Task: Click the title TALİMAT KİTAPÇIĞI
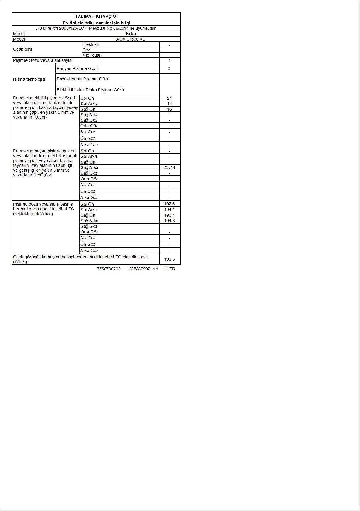pos(96,16)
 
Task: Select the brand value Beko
pos(131,34)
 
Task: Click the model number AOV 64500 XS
pos(131,39)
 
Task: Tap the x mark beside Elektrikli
pos(169,44)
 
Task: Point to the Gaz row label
pos(86,50)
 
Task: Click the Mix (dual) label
pos(92,55)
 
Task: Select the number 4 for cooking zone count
pos(169,60)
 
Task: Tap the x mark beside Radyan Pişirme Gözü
pos(169,68)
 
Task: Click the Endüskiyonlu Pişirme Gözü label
pos(83,79)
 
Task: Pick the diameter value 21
pos(169,98)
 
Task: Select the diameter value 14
pos(169,104)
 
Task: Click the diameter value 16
pos(169,109)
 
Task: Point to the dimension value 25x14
pos(169,167)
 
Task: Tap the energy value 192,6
pos(169,204)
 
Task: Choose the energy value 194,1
pos(169,209)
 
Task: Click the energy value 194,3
pos(169,221)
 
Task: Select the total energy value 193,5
pos(169,259)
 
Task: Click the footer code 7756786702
pos(109,269)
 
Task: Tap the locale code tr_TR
pos(170,269)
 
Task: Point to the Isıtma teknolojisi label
pos(29,79)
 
